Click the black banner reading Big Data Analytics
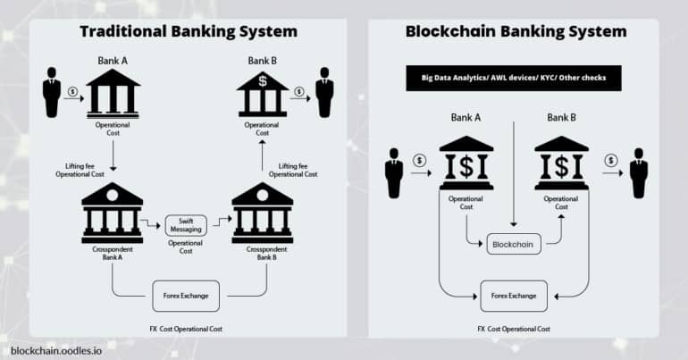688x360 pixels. tap(513, 78)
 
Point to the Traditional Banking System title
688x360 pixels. tap(189, 31)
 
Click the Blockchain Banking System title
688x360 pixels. tap(516, 31)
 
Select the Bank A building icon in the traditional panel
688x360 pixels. tap(113, 93)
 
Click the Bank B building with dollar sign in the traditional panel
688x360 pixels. tap(261, 93)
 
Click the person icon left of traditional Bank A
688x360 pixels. tap(51, 91)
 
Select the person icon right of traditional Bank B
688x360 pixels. tap(323, 91)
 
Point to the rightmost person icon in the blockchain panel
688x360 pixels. tap(638, 172)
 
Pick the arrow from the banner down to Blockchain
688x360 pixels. tap(514, 161)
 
